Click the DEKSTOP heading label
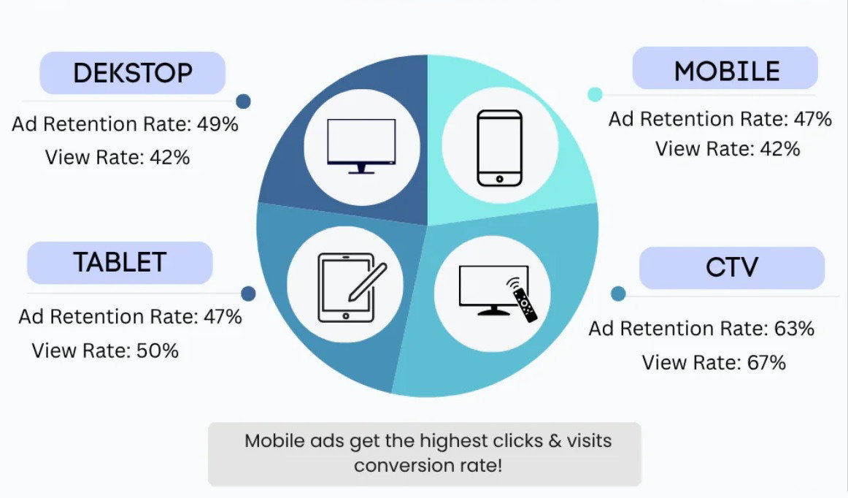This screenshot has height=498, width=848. (133, 73)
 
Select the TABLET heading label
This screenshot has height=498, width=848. (120, 263)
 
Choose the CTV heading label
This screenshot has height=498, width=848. (732, 267)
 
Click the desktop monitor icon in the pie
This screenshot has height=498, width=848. (361, 146)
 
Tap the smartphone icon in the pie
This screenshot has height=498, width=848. (500, 148)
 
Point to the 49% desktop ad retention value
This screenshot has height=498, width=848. (217, 124)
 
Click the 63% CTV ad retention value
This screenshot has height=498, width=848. (794, 329)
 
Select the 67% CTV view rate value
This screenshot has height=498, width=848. (766, 362)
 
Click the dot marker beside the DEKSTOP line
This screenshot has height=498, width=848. (243, 101)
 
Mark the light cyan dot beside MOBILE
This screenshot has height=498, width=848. (595, 94)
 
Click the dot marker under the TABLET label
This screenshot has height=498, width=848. (248, 294)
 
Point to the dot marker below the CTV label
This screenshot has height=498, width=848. (618, 294)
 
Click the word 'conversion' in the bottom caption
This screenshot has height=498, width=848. (404, 465)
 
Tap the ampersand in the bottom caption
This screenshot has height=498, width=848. (555, 440)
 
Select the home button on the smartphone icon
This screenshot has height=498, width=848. (499, 179)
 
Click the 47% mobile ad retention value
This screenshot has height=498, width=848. (812, 118)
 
